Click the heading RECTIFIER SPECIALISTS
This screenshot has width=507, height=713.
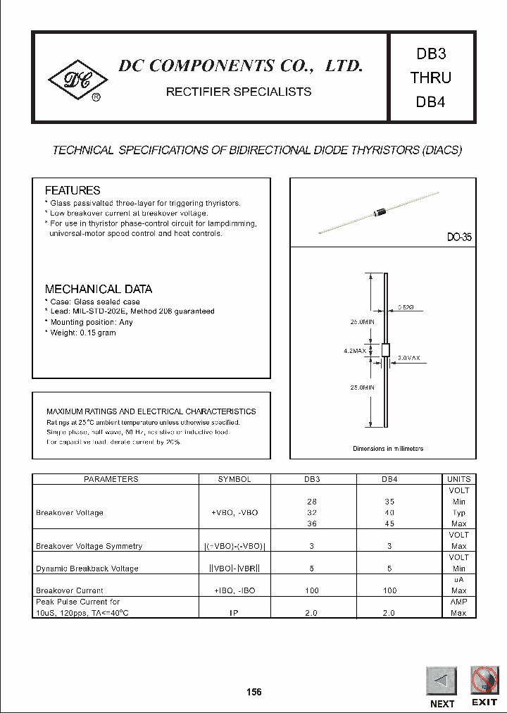pyautogui.click(x=238, y=92)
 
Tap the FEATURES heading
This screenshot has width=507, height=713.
pyautogui.click(x=73, y=190)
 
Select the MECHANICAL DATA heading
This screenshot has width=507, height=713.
pyautogui.click(x=99, y=289)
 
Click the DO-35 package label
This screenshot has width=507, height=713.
pyautogui.click(x=459, y=238)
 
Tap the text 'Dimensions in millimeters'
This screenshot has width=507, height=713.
pyautogui.click(x=388, y=448)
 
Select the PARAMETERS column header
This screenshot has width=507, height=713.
pyautogui.click(x=111, y=479)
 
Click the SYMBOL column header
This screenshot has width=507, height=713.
pyautogui.click(x=234, y=479)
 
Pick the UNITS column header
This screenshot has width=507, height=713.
pyautogui.click(x=458, y=479)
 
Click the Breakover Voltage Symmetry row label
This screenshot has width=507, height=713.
pyautogui.click(x=89, y=546)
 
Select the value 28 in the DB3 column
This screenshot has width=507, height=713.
pyautogui.click(x=312, y=502)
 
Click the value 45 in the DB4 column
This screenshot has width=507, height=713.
pyautogui.click(x=390, y=523)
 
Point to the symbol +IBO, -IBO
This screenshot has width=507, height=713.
pyautogui.click(x=234, y=590)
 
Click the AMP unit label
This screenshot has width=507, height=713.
pyautogui.click(x=458, y=602)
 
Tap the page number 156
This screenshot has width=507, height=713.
pyautogui.click(x=254, y=692)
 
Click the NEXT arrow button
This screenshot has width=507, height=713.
pyautogui.click(x=442, y=681)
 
